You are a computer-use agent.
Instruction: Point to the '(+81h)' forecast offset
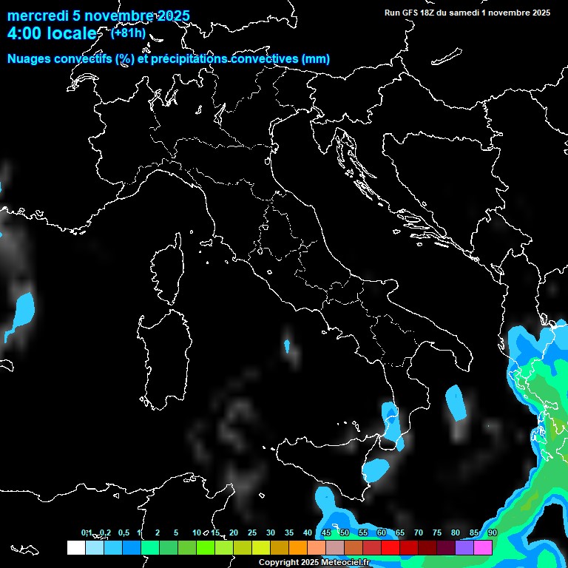click(x=128, y=33)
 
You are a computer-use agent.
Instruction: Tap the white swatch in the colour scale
click(x=75, y=547)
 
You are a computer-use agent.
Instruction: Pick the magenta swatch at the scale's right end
click(x=483, y=547)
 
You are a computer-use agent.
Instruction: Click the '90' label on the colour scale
click(x=493, y=533)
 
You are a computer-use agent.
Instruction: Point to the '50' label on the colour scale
click(x=345, y=533)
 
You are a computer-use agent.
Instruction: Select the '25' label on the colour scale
click(x=252, y=533)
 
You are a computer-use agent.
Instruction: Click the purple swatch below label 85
click(x=464, y=547)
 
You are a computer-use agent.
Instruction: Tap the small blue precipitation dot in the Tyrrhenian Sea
click(x=286, y=345)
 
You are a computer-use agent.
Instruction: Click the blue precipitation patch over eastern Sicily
click(x=376, y=468)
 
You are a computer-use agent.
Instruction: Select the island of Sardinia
click(x=162, y=362)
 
